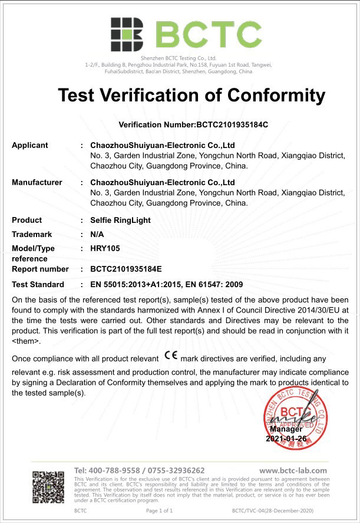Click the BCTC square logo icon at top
127,34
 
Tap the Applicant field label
30,145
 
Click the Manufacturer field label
37,182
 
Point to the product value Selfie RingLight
120,220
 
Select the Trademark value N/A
97,234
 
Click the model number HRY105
105,249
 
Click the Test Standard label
38,285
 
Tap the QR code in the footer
48,487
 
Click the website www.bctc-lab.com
293,471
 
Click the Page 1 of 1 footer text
159,511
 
